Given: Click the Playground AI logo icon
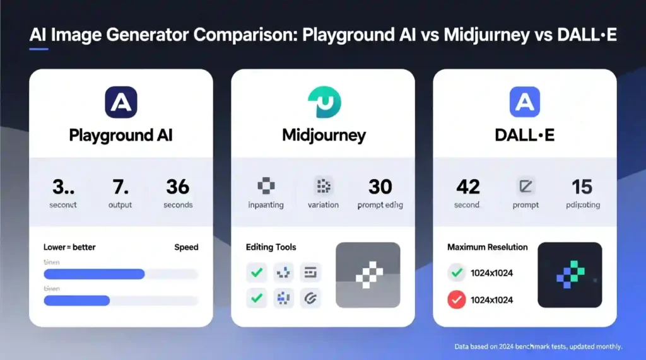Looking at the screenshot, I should [x=120, y=103].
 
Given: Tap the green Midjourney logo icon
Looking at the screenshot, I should [x=324, y=103].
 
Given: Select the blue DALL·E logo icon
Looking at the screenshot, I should [x=524, y=103].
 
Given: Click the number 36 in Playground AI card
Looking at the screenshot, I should [x=178, y=187].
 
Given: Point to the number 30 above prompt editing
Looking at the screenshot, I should [x=380, y=187].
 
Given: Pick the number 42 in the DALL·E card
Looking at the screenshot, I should [x=467, y=187].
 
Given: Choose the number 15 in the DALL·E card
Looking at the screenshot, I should [x=582, y=187].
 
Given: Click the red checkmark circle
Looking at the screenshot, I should [x=456, y=299].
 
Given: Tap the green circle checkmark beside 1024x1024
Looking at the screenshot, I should [x=456, y=273].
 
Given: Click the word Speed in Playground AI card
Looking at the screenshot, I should [x=186, y=247].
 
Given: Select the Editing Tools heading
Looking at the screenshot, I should [x=271, y=247].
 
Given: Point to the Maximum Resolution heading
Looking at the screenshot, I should [x=487, y=247].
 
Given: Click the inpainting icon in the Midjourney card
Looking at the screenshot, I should [x=266, y=186].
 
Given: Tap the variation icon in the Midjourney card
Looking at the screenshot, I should [x=323, y=186].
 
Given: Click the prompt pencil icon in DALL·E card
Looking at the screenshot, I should [x=525, y=186].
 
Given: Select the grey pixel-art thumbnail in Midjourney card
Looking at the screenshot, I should [x=368, y=275].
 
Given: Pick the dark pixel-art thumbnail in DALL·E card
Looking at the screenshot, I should [x=570, y=275].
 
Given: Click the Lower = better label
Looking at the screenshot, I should [x=69, y=247].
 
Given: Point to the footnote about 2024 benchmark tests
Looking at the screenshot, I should [x=538, y=347].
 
